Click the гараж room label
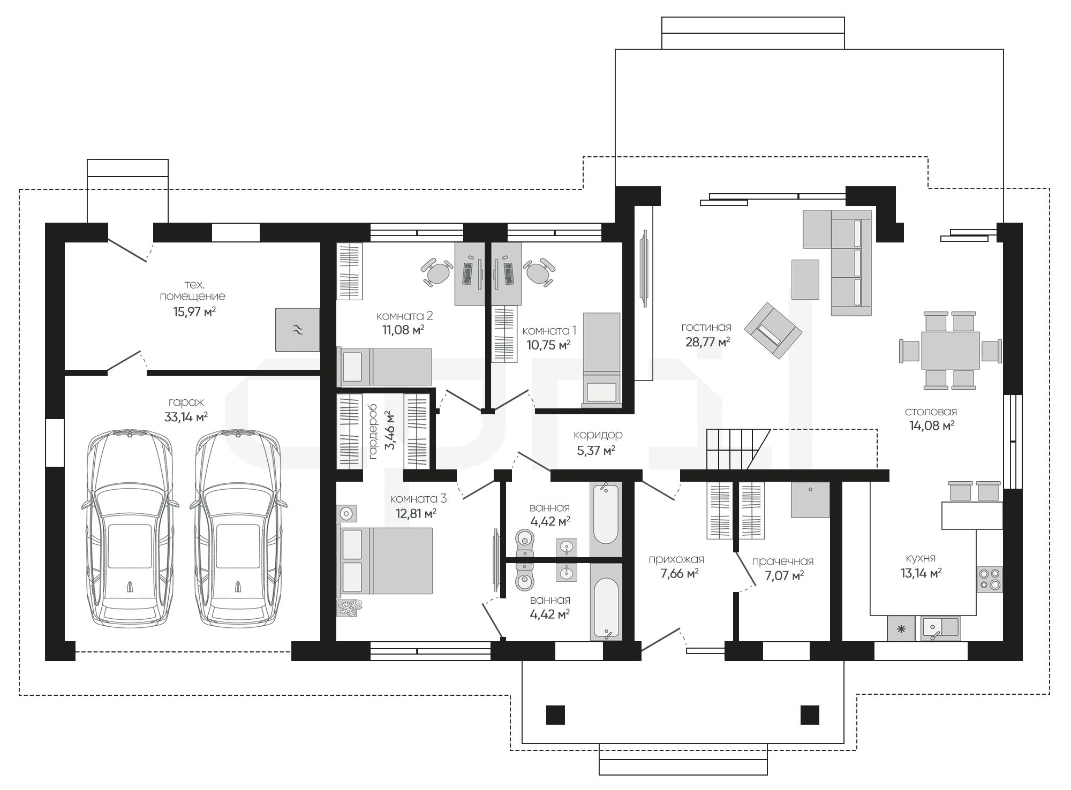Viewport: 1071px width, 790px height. (186, 402)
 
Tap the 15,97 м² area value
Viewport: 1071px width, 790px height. (194, 312)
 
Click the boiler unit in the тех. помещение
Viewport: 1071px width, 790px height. (298, 330)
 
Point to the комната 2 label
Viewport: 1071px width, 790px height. (404, 316)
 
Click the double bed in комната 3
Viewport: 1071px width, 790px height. (384, 560)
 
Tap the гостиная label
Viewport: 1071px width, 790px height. (706, 327)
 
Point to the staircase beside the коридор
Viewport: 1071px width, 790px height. (738, 449)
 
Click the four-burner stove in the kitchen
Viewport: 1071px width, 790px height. (990, 579)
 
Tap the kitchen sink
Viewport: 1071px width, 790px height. (940, 628)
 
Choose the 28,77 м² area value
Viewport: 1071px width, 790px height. (707, 342)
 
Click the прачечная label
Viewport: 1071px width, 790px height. (782, 561)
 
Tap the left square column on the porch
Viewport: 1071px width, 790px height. (555, 715)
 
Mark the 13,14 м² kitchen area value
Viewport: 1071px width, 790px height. (921, 573)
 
